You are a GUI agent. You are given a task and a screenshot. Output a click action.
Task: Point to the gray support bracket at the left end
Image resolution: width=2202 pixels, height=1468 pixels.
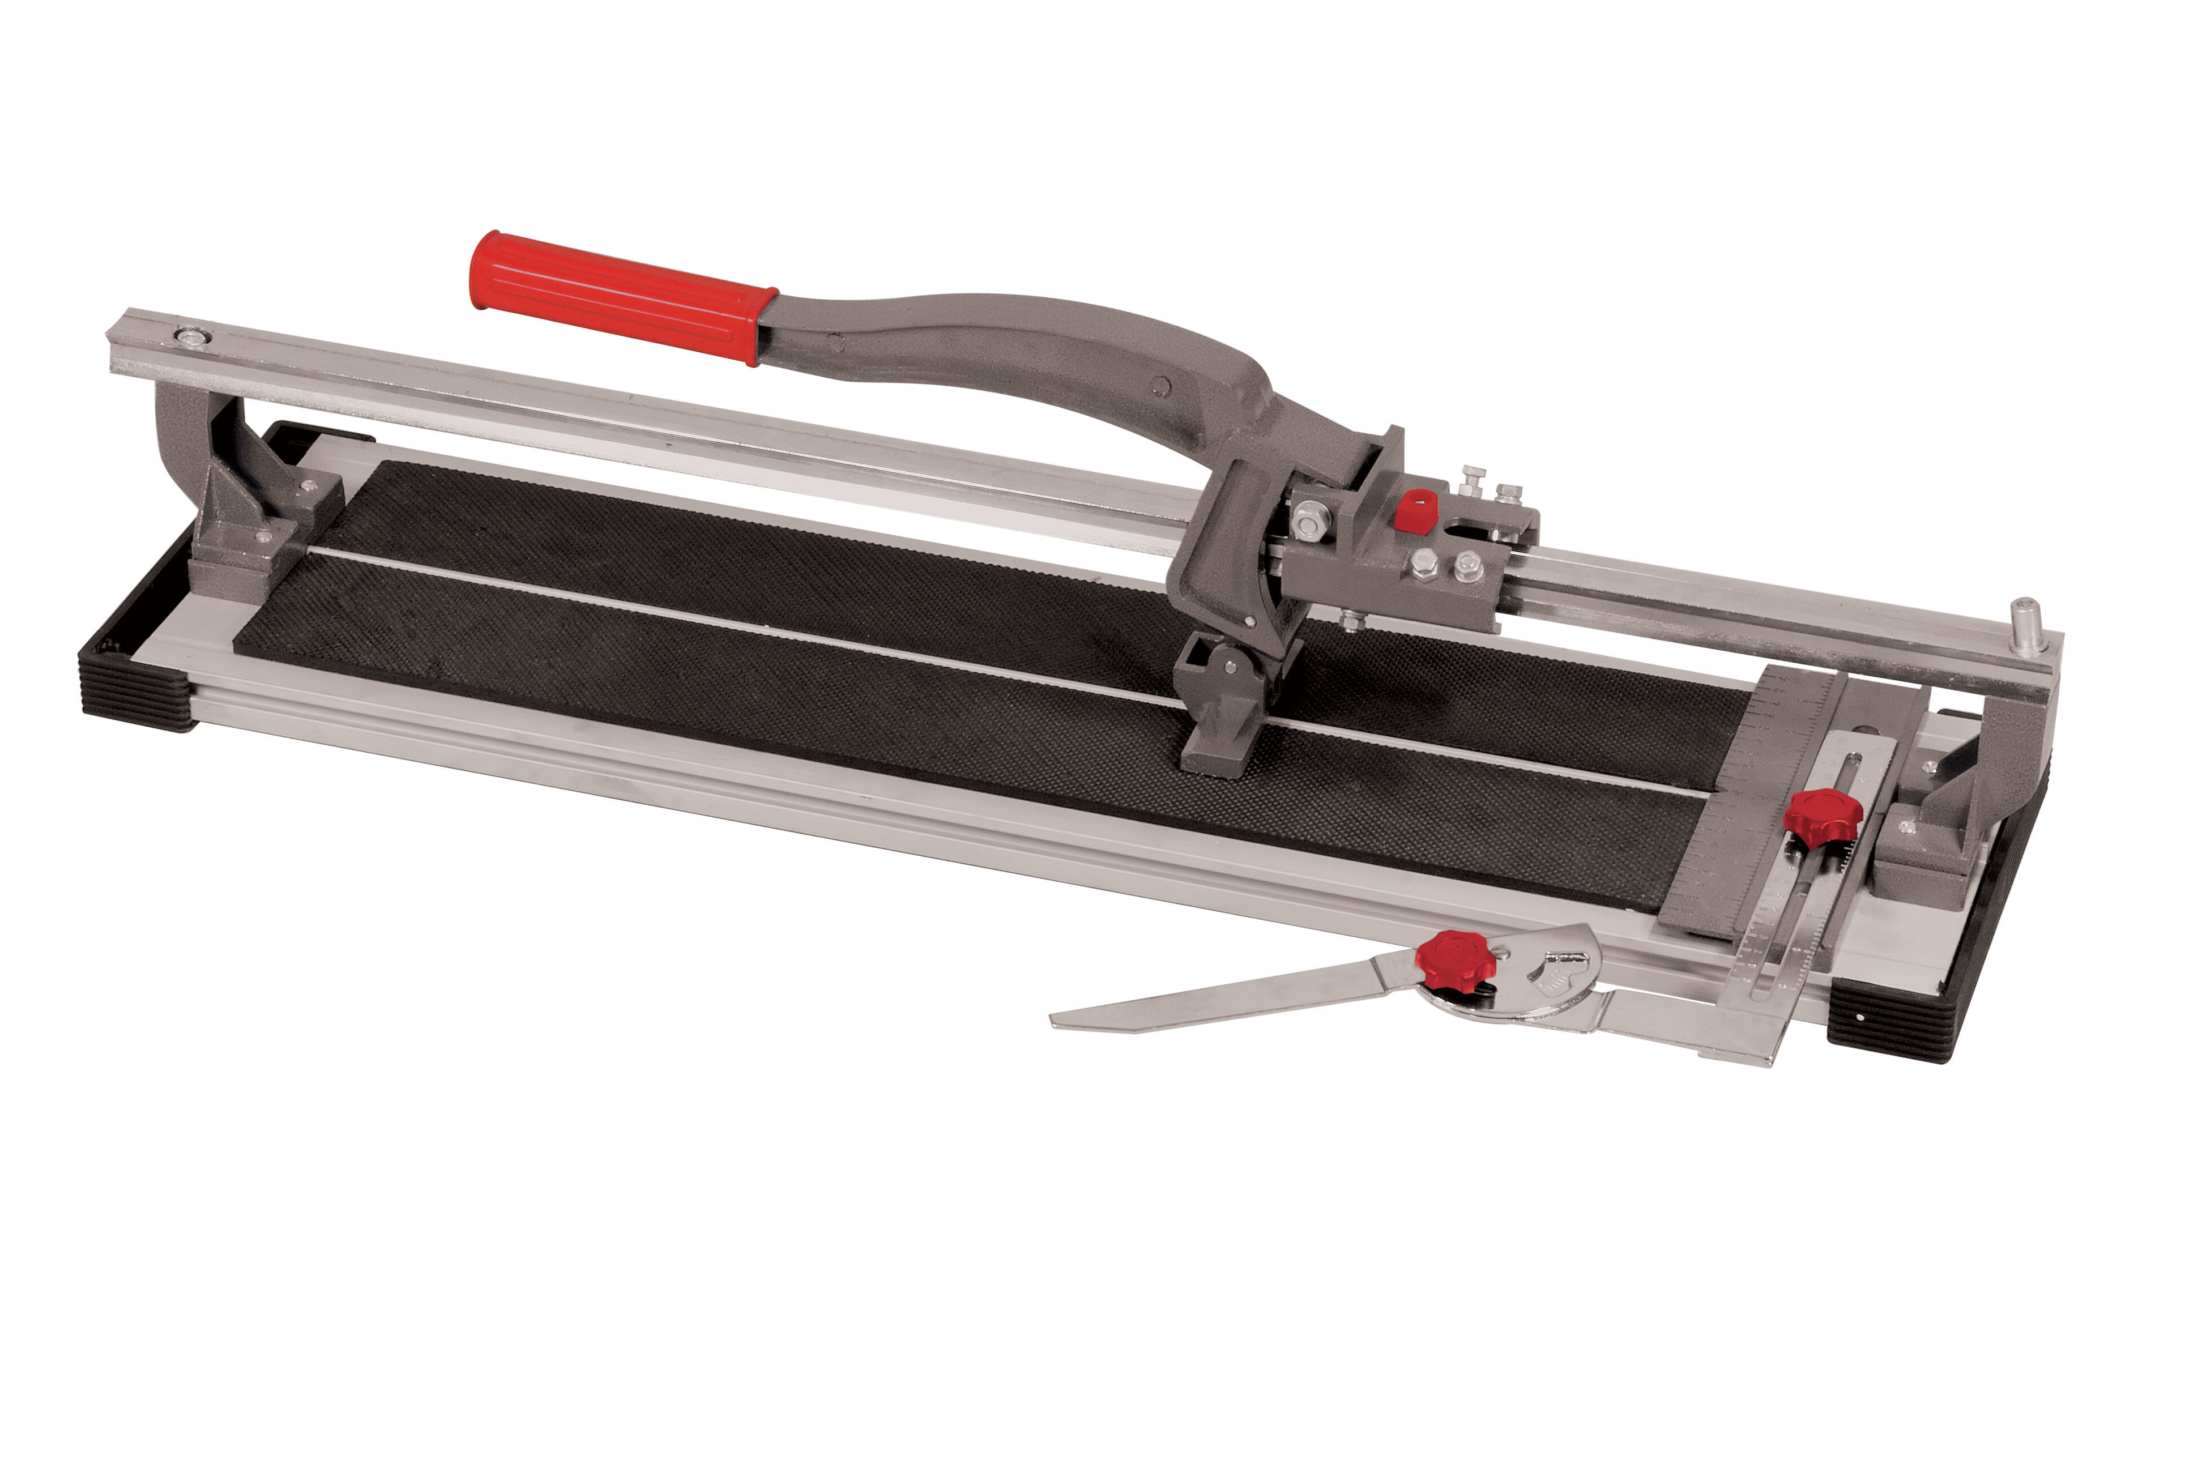coord(234,496)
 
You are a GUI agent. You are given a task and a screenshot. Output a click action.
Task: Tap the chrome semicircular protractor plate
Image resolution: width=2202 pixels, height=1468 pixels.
coord(1545,974)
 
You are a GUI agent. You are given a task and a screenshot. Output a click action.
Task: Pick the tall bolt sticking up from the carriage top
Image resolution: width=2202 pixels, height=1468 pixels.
coord(1473,482)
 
